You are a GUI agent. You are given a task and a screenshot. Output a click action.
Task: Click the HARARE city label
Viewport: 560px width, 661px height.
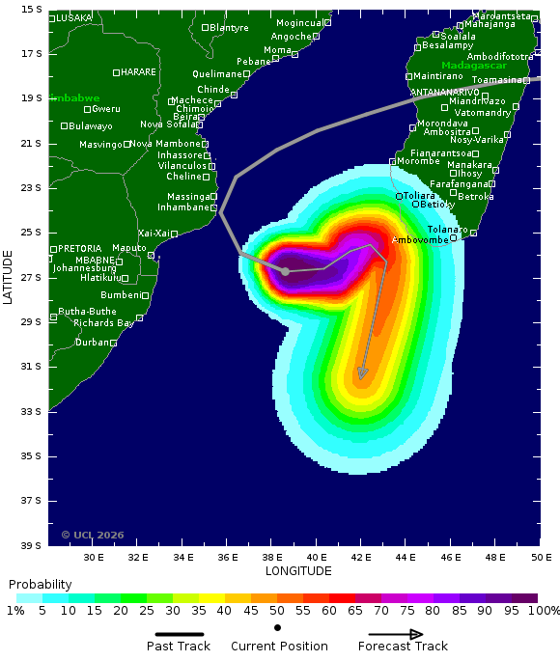click(x=138, y=71)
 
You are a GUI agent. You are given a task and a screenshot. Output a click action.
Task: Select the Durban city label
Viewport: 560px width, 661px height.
click(x=93, y=342)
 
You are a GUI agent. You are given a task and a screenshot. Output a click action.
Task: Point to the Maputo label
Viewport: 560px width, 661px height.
click(x=129, y=248)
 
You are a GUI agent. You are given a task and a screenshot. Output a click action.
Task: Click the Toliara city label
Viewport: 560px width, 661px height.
click(x=419, y=196)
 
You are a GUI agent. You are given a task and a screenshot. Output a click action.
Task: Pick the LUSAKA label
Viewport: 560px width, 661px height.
click(x=74, y=18)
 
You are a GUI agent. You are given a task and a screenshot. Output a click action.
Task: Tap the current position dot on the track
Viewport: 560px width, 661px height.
click(x=286, y=271)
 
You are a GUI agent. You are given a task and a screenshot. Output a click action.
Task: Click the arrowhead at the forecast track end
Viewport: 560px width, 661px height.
click(x=362, y=373)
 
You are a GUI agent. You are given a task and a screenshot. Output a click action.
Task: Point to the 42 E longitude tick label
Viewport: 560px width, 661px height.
click(x=361, y=557)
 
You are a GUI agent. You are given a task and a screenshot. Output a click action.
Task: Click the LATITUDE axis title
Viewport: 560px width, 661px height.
click(x=9, y=277)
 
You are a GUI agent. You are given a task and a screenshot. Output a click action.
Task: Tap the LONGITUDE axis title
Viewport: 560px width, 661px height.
click(x=298, y=570)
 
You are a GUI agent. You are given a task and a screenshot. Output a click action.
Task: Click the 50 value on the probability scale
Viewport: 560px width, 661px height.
click(x=277, y=611)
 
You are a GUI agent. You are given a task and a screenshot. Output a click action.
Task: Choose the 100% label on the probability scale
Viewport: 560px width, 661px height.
click(x=544, y=611)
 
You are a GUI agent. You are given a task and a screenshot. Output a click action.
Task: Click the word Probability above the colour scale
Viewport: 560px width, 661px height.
click(x=40, y=585)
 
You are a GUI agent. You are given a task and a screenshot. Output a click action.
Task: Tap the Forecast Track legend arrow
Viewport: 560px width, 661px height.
click(x=390, y=634)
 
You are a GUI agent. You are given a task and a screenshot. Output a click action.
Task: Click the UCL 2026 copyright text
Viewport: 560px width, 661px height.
click(x=93, y=535)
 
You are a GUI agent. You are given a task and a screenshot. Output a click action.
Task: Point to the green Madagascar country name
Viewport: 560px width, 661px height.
click(x=473, y=66)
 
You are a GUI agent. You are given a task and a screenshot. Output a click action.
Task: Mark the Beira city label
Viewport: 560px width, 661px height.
click(x=184, y=117)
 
